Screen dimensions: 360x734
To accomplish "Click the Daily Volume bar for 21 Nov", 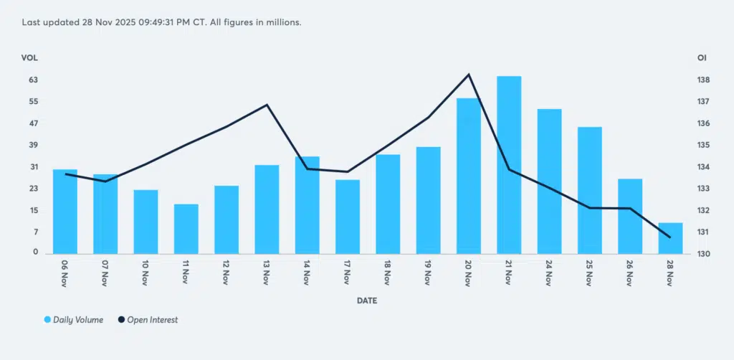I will point(509,164).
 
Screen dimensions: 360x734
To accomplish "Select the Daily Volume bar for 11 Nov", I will point(186,229).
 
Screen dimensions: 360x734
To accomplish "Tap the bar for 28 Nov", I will point(670,238).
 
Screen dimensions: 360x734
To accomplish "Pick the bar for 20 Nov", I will point(469,176).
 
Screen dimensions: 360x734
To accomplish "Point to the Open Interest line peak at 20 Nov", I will point(469,75).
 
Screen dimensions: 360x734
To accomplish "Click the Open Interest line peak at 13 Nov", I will point(267,105).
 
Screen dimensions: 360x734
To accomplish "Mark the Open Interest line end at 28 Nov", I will point(670,237).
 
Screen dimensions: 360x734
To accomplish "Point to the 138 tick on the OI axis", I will point(703,80).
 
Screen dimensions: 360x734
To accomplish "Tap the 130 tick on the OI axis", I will point(703,254).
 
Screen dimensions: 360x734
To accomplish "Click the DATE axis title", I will point(367,300).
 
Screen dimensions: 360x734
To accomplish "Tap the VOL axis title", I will point(29,57).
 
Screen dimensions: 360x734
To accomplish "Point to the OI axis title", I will point(702,57).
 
